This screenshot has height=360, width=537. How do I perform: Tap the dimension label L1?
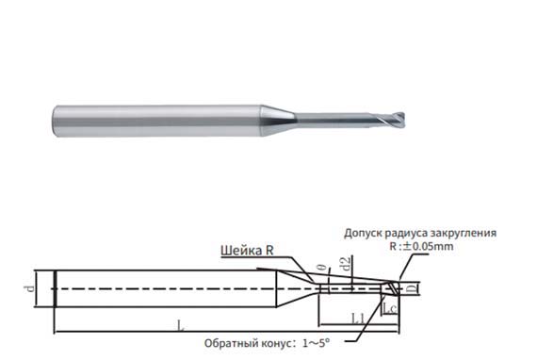[x=359, y=320]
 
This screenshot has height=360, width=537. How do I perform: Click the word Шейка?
[x=238, y=252]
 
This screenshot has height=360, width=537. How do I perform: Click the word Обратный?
[x=230, y=343]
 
